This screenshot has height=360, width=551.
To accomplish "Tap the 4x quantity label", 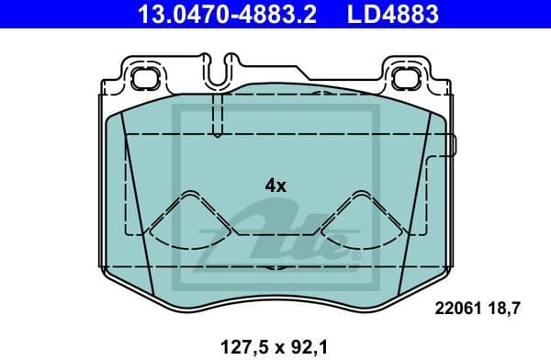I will point(275,185).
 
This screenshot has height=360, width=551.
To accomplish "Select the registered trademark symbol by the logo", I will point(354,256).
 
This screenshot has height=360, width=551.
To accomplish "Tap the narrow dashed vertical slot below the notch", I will point(217,115).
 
